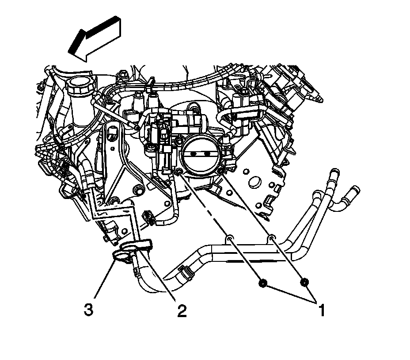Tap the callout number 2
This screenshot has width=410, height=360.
(181, 311)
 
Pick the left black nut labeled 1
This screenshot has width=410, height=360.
(262, 283)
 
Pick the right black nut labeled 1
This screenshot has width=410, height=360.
(304, 282)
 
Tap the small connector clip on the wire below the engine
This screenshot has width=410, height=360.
(148, 218)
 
